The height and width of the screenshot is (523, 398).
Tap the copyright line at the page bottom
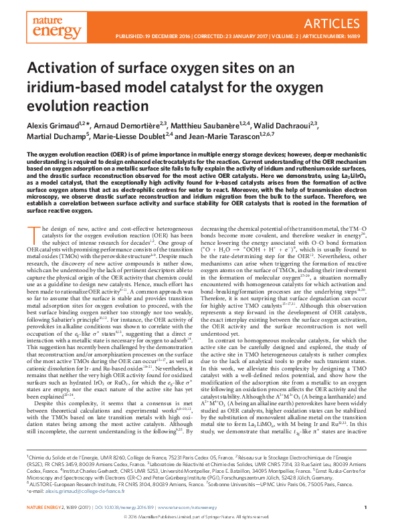coord(199,516)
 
